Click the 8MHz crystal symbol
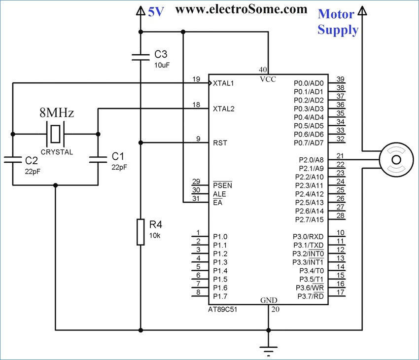(56, 134)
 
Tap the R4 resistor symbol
(140, 232)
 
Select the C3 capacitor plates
(140, 57)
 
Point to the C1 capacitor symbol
(98, 159)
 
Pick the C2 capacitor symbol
(12, 159)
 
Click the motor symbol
(396, 160)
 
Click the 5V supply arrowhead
(140, 11)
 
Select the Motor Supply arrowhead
(362, 11)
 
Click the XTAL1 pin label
(223, 83)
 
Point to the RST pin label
(220, 143)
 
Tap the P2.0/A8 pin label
(311, 160)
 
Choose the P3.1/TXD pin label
(309, 245)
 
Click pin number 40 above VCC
(263, 70)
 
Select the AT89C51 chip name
(223, 310)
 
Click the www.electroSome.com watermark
(241, 9)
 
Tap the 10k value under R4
(155, 235)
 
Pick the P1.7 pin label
(220, 296)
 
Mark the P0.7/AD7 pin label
(309, 143)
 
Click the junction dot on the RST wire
(140, 143)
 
